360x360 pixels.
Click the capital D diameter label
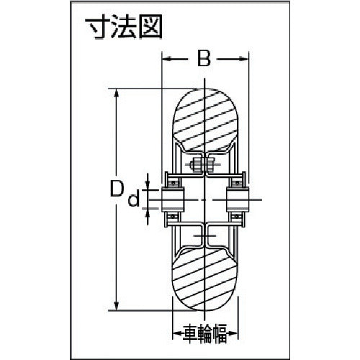point(115,190)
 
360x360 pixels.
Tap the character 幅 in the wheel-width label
point(223,333)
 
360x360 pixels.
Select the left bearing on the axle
point(174,199)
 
